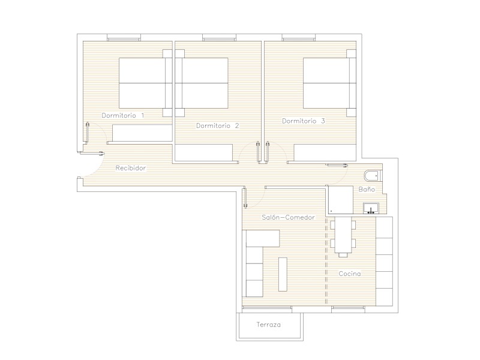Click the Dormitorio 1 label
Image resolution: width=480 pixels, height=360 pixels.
(123, 115)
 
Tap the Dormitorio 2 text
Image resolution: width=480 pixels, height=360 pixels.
(217, 125)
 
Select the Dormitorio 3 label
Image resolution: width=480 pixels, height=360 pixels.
(304, 121)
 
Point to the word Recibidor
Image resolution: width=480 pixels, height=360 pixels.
(131, 168)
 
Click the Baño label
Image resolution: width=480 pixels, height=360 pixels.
(367, 189)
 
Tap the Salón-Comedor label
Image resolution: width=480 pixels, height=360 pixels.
(288, 217)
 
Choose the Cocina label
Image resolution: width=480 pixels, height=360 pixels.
(350, 274)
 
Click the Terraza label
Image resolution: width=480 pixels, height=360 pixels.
(268, 325)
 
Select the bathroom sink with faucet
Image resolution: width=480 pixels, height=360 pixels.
(371, 208)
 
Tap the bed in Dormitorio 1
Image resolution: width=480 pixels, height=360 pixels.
(145, 83)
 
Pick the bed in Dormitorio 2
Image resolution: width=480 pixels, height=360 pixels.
(202, 83)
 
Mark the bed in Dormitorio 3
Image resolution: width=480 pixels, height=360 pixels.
(329, 83)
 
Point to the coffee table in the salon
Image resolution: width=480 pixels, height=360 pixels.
(283, 274)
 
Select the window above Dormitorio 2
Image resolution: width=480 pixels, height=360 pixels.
(219, 38)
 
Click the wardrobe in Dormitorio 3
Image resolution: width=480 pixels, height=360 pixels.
(325, 152)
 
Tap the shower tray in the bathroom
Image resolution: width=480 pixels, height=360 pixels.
(341, 200)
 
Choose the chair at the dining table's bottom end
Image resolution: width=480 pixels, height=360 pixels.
(343, 254)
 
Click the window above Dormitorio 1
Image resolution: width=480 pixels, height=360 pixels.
(124, 38)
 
